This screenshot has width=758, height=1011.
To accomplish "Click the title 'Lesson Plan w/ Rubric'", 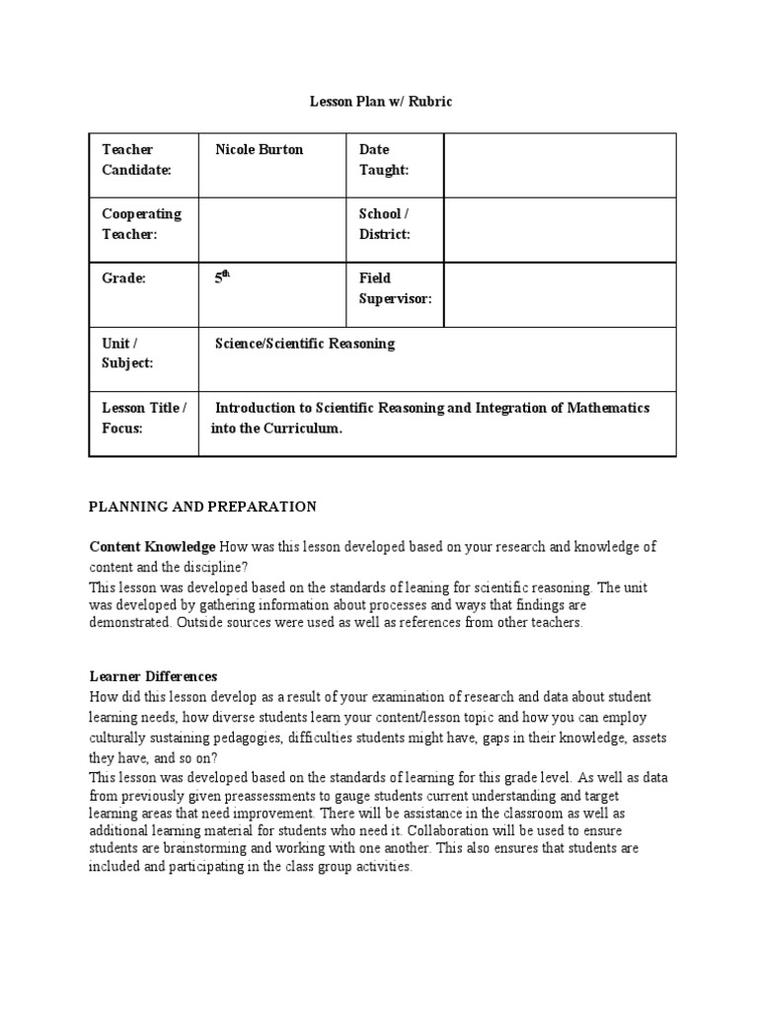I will pos(381,102).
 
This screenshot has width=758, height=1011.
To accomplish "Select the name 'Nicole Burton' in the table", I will pos(260,150).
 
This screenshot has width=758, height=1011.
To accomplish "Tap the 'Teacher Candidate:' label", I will pos(137,160).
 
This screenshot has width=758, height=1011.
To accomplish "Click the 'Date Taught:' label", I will pos(383,160).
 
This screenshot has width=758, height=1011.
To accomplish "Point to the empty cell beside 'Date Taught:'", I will pos(560,165).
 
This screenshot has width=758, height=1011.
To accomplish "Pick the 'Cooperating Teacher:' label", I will pos(142,224).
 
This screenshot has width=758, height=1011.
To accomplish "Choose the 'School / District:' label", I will pos(384,224).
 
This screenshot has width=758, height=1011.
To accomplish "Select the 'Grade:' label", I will pos(124,279).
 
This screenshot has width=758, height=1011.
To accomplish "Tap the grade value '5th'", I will pos(222,279).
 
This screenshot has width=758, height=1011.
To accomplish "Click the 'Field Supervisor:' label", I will pos(395,288).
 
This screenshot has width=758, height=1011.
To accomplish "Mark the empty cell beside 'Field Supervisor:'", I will pos(560,294).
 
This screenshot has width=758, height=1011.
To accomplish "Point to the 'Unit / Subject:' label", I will pos(127,353).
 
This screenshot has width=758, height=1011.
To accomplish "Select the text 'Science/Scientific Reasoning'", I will pos(305,344).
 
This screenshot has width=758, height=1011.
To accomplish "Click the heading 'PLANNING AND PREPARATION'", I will pos(202,506).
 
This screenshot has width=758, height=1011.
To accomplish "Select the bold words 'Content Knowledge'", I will pos(152,546).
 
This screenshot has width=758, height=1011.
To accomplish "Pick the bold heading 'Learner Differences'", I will pos(153,676).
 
